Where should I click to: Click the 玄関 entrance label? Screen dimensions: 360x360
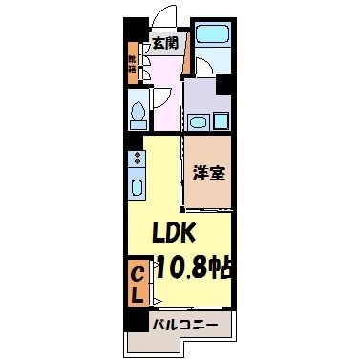(163, 43)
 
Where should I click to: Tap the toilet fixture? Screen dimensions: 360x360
(138, 114)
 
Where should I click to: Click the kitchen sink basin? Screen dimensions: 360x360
(137, 187)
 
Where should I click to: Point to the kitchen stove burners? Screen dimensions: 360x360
(137, 153)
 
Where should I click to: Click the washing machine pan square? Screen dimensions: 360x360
(221, 121)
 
